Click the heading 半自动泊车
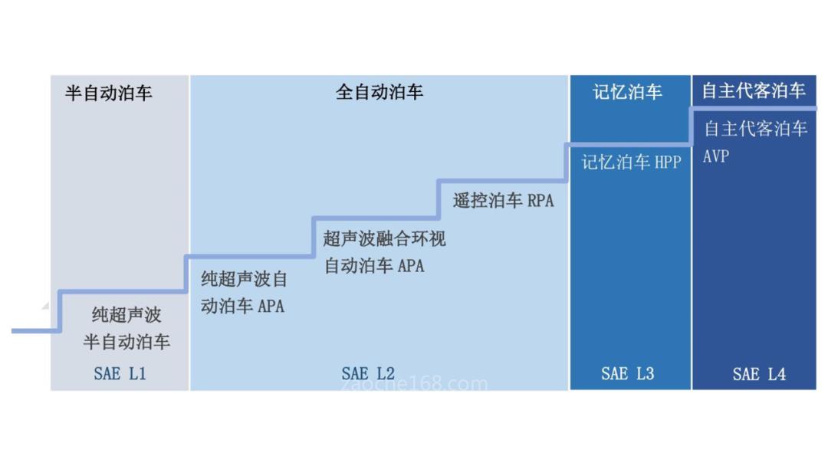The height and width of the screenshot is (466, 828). click(109, 93)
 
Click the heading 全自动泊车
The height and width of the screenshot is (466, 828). click(379, 92)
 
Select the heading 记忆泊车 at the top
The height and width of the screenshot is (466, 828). click(627, 92)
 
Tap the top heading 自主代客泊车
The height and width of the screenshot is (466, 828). click(754, 90)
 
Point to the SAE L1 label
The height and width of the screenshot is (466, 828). click(120, 374)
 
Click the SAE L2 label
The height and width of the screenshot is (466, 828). click(368, 374)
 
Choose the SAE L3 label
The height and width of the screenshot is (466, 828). click(627, 374)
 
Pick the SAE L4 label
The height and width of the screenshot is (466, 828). click(759, 374)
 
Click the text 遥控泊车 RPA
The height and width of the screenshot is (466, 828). click(503, 201)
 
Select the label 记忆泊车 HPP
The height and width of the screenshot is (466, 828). click(632, 162)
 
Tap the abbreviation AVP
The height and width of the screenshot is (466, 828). click(716, 156)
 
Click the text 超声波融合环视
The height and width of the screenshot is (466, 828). click(384, 238)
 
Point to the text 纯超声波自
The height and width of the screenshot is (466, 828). click(244, 279)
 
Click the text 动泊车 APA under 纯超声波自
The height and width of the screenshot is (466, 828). click(242, 306)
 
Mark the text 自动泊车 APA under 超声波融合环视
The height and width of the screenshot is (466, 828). click(374, 265)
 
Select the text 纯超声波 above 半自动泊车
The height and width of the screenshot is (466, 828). click(127, 314)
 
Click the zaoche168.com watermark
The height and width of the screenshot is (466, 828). click(415, 384)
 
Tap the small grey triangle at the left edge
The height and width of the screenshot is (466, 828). click(45, 306)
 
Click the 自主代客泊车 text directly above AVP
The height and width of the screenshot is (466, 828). click(756, 129)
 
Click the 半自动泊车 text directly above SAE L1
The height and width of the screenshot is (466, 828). click(127, 342)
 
